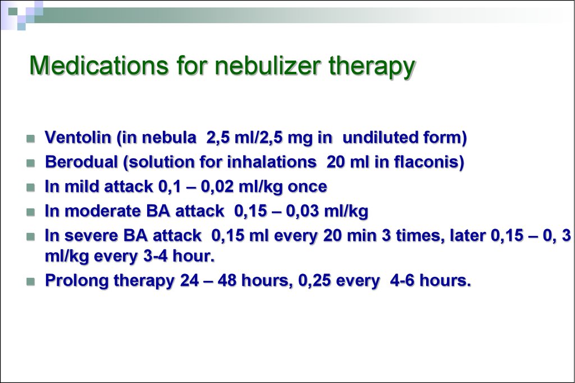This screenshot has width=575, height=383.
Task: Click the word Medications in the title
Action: pyautogui.click(x=99, y=65)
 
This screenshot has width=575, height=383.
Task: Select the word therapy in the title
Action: pyautogui.click(x=372, y=67)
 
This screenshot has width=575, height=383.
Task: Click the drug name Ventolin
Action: pyautogui.click(x=77, y=137)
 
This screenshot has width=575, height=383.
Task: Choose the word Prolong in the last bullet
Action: pyautogui.click(x=76, y=281)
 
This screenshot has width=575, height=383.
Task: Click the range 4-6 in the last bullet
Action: pyautogui.click(x=402, y=281)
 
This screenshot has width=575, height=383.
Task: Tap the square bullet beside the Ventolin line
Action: pyautogui.click(x=31, y=139)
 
